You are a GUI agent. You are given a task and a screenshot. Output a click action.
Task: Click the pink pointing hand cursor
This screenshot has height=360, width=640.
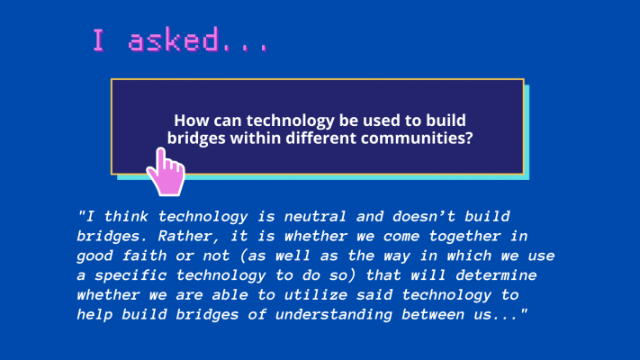(167, 174)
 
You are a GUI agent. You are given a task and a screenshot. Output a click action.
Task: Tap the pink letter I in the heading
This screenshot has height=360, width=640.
(98, 40)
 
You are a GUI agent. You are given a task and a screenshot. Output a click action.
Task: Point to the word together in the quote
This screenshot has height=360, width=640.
(464, 236)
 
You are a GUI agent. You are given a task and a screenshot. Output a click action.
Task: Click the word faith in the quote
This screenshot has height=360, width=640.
(145, 256)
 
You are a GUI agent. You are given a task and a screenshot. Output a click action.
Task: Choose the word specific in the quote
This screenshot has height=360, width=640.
(131, 275)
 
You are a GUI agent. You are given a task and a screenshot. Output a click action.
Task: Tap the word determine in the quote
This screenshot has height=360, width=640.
(496, 275)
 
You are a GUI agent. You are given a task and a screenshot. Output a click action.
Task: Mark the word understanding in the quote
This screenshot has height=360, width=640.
(333, 315)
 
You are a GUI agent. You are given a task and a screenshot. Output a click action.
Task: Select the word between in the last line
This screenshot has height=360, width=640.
(433, 314)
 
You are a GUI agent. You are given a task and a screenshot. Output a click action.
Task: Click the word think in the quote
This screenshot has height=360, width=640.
(126, 216)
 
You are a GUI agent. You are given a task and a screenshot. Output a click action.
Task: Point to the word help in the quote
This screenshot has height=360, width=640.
(95, 315)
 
